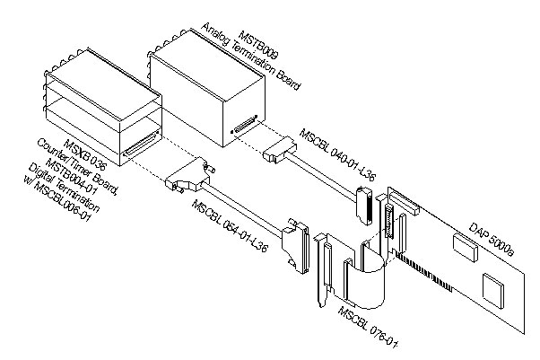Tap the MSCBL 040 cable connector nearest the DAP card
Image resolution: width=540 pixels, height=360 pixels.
(363, 206)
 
